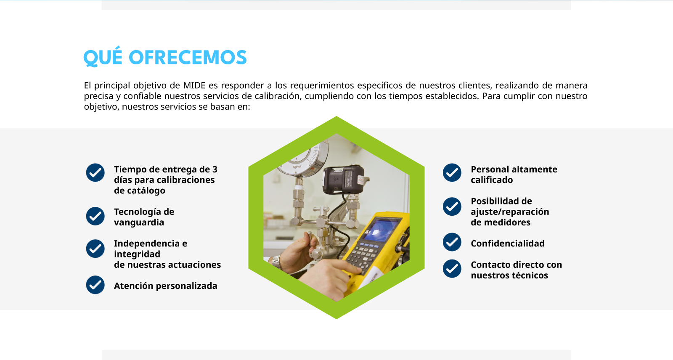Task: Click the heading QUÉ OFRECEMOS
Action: (x=165, y=57)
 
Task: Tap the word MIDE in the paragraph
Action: (x=194, y=85)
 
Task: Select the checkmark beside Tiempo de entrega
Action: (x=95, y=172)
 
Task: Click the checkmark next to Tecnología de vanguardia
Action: (x=95, y=216)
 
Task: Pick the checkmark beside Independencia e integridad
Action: (x=95, y=249)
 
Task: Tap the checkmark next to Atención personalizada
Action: (x=95, y=285)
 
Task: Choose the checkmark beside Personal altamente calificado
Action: (x=452, y=172)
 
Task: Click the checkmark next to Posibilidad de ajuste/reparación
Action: (x=452, y=206)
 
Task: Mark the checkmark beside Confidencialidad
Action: (x=452, y=242)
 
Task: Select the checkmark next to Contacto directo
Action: (x=452, y=269)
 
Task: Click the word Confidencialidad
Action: (x=507, y=244)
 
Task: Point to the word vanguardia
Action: (x=139, y=222)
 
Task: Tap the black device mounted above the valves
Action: (x=343, y=180)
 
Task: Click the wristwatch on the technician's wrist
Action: (x=276, y=262)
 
